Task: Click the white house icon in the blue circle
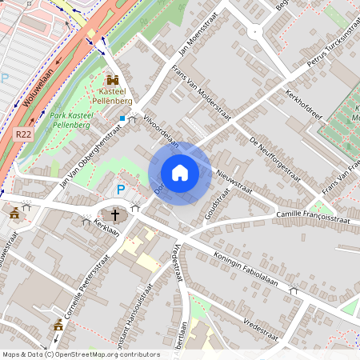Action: click(x=180, y=173)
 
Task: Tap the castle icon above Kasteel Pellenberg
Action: click(x=112, y=80)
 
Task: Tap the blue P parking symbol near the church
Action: click(x=121, y=190)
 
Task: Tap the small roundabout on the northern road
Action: click(x=255, y=33)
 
